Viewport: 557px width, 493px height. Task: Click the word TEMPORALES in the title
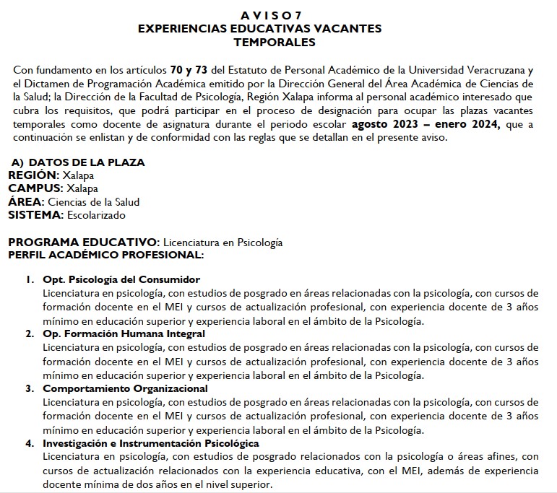[x=259, y=43]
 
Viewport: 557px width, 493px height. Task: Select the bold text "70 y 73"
[x=189, y=70]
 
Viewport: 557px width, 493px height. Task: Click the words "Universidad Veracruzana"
[x=470, y=70]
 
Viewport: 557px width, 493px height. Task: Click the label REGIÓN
[x=32, y=175]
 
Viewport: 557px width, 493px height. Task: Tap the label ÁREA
[x=25, y=202]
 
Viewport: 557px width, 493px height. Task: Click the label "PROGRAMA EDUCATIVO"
[x=82, y=242]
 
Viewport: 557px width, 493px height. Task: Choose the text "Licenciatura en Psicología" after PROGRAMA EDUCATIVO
[x=223, y=243]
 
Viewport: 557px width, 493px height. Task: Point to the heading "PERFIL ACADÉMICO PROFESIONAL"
[x=105, y=255]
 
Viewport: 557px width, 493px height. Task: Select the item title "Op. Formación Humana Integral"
[x=124, y=333]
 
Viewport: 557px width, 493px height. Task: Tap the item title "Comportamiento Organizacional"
[x=125, y=388]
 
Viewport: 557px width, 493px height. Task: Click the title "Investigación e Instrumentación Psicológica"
[x=150, y=443]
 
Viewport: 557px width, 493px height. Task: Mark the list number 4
[x=29, y=443]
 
